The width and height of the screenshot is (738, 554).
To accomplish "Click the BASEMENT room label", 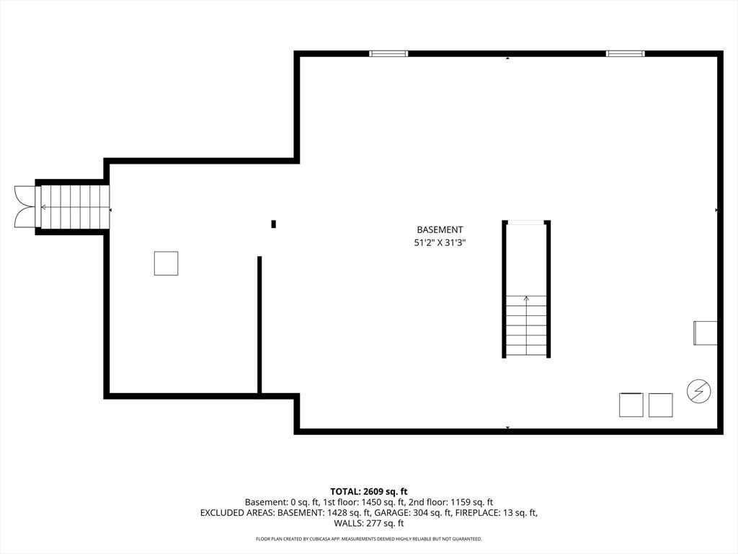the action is click(440, 229).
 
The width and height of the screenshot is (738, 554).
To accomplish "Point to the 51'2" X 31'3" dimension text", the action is click(440, 243).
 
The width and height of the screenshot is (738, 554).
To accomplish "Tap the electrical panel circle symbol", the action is click(698, 391).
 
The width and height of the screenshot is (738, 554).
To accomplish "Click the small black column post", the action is click(273, 224).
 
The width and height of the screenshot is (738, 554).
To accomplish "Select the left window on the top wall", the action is click(388, 53).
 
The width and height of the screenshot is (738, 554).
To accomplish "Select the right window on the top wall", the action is click(625, 53).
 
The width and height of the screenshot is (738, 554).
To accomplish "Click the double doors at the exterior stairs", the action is click(25, 207).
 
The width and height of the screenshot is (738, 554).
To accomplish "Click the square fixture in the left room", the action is click(166, 263).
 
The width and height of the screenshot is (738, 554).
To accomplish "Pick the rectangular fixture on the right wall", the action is click(705, 333).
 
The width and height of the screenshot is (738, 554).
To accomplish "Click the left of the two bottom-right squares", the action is click(631, 405).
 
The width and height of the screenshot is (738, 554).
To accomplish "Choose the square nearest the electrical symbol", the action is click(660, 405).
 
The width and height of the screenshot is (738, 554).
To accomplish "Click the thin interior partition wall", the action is click(259, 325).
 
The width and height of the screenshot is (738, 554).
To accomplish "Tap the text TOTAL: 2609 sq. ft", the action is click(368, 492).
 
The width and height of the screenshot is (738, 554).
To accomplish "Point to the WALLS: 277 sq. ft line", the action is click(368, 523).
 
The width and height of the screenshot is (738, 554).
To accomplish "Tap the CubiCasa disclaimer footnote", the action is click(368, 539).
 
